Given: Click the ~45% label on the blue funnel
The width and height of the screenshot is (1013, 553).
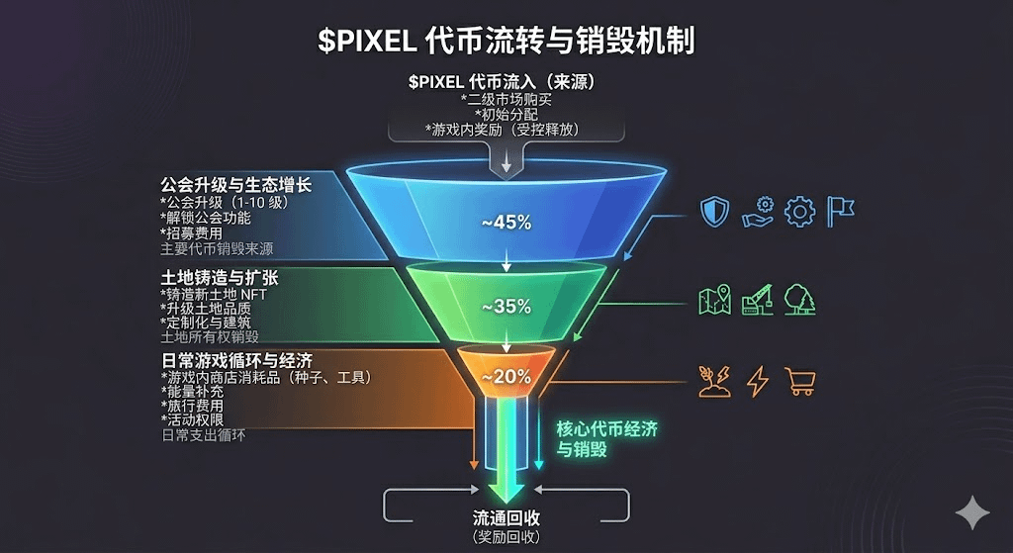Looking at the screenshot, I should click(506, 223).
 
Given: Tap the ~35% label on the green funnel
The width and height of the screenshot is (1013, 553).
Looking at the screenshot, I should click(506, 307).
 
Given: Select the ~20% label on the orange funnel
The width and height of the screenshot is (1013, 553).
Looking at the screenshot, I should click(506, 376).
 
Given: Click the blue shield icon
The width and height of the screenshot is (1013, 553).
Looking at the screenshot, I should click(714, 212).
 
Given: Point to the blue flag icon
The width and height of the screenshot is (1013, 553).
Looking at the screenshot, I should click(841, 211).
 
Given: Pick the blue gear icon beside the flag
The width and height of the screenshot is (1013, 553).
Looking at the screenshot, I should click(799, 212).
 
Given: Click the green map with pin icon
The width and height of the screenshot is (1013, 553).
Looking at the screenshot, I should click(714, 300).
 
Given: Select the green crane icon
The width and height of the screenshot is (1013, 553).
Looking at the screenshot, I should click(758, 299).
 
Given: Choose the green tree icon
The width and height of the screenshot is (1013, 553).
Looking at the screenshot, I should click(799, 299).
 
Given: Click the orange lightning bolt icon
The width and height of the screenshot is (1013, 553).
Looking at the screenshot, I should click(758, 382).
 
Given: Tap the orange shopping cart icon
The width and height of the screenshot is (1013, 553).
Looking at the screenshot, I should click(799, 382).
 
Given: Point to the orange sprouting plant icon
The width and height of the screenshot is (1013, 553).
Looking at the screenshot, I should click(714, 382).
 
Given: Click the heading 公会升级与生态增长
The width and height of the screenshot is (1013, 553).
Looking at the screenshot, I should click(236, 185).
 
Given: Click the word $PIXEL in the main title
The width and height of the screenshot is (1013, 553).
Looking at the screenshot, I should click(364, 41).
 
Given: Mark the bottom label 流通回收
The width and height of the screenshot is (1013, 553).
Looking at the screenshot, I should click(506, 518).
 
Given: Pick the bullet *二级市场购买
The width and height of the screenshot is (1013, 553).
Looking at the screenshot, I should click(506, 99).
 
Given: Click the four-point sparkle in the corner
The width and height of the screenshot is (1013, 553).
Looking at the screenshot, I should click(972, 513).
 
